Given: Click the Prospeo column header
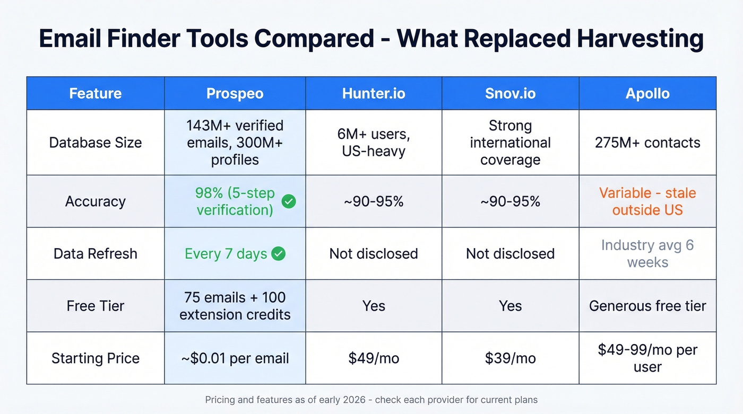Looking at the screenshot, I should (x=235, y=94).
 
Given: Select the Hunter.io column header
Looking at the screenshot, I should (x=374, y=94).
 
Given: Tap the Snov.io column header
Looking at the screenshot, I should (x=510, y=94).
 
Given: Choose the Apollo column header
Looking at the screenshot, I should (x=647, y=94).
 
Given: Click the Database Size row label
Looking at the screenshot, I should (x=96, y=143).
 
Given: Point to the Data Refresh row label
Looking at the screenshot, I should (x=96, y=253).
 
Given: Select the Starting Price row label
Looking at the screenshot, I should (x=96, y=358).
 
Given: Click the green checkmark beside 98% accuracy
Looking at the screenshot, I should (x=289, y=201).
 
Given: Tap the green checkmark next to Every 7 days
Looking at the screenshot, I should (x=278, y=254).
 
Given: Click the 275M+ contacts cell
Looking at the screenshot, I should (x=647, y=143).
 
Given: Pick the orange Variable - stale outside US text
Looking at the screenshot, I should (x=647, y=201).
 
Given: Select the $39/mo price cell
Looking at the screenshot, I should (x=510, y=358).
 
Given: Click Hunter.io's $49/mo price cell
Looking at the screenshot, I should (x=374, y=358).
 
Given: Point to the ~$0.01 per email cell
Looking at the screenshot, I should (x=235, y=358).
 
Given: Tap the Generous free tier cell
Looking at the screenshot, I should (x=647, y=306).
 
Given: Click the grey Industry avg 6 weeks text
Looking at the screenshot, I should (x=647, y=253).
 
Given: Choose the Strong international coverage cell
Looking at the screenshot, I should (x=510, y=143).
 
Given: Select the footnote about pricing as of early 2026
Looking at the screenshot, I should (x=371, y=400).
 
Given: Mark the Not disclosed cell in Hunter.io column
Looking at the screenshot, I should (x=374, y=253).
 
